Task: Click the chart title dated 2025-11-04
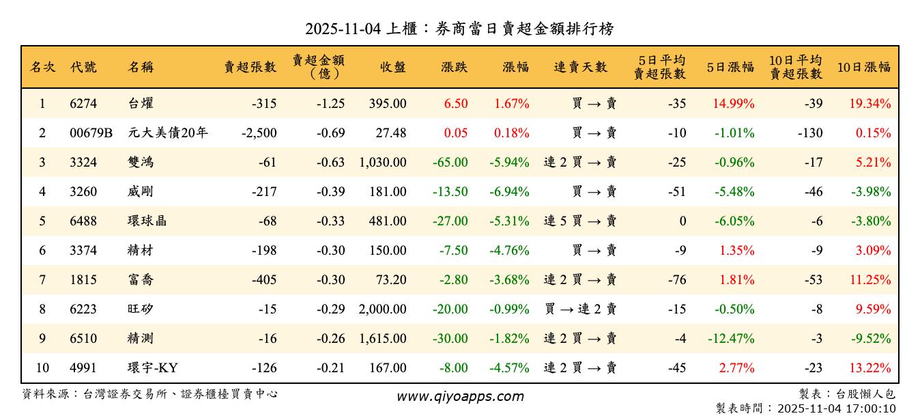tap(459, 29)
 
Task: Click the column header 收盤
tap(393, 67)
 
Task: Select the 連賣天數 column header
tap(580, 67)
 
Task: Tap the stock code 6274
tap(83, 104)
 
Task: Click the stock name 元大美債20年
tap(167, 133)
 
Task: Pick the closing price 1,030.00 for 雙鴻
tap(383, 163)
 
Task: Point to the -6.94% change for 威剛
tap(509, 192)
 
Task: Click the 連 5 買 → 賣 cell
tap(580, 221)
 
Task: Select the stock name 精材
tap(141, 251)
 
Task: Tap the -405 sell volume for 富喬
tap(263, 280)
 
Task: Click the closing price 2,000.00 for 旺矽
tap(383, 309)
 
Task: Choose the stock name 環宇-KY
tap(153, 368)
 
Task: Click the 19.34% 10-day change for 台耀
tap(870, 104)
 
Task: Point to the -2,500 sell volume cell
tap(259, 133)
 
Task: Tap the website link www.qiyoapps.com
tap(460, 397)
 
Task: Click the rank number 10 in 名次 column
tap(42, 368)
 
